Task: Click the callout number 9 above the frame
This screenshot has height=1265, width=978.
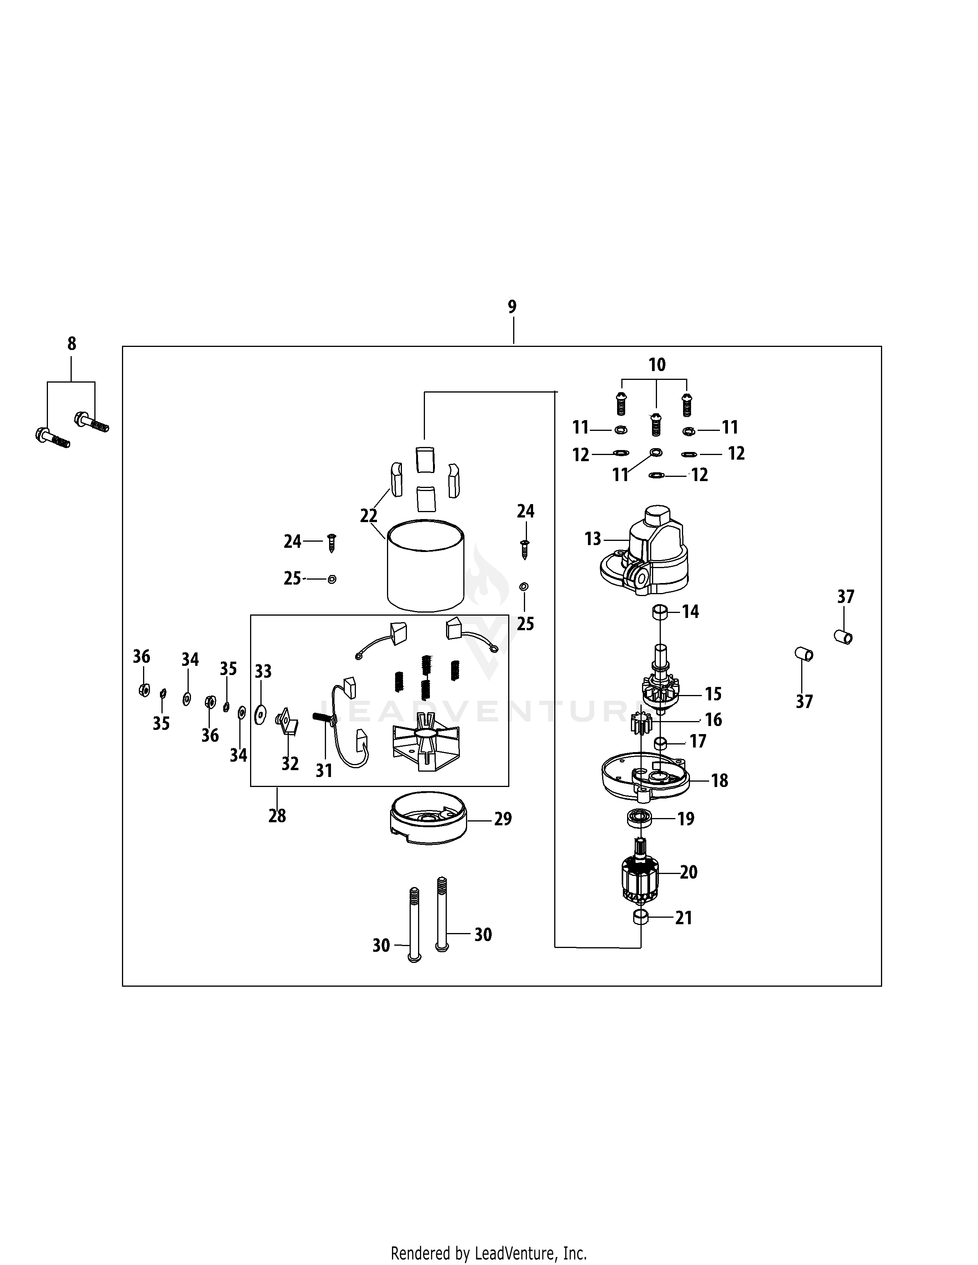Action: coord(512,307)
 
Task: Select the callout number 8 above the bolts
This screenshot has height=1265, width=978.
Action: coord(71,344)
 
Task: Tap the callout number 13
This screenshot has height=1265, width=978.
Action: coord(593,539)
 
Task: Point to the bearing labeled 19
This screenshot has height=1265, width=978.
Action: coord(640,819)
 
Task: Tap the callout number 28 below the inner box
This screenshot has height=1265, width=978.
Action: coord(277,816)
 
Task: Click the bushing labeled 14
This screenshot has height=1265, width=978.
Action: coord(659,612)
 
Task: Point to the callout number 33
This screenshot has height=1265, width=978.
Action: coord(263,672)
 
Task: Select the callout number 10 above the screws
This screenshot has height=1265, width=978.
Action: coord(657,365)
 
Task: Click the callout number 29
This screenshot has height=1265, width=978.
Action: coord(503,819)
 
